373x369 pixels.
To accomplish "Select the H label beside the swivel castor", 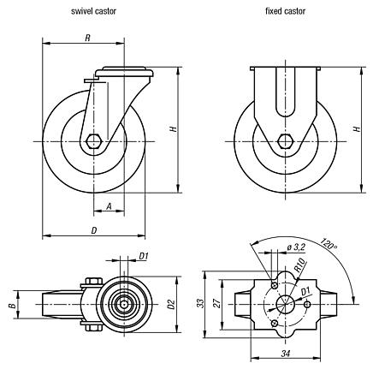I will tap(174, 130).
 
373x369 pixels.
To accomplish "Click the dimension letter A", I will tap(109, 205).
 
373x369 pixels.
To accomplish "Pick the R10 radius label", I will tap(299, 266).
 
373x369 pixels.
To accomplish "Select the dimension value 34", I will tap(285, 352).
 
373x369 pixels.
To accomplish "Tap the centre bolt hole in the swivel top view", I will tap(126, 303).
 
